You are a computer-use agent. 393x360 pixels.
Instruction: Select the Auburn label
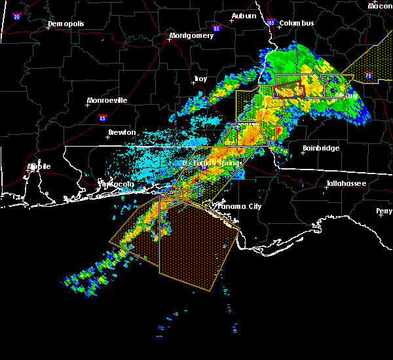244,15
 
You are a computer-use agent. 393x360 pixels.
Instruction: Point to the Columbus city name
297,24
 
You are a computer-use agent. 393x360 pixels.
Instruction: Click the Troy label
200,79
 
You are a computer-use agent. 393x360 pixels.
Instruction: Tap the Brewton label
122,132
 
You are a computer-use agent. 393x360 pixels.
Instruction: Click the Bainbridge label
321,149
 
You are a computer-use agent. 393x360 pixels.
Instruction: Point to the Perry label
384,211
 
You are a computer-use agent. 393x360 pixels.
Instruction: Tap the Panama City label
239,207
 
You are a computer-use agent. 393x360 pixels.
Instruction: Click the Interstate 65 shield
103,118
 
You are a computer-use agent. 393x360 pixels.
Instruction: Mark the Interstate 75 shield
368,76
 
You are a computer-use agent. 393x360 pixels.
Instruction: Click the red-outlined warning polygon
290,90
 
